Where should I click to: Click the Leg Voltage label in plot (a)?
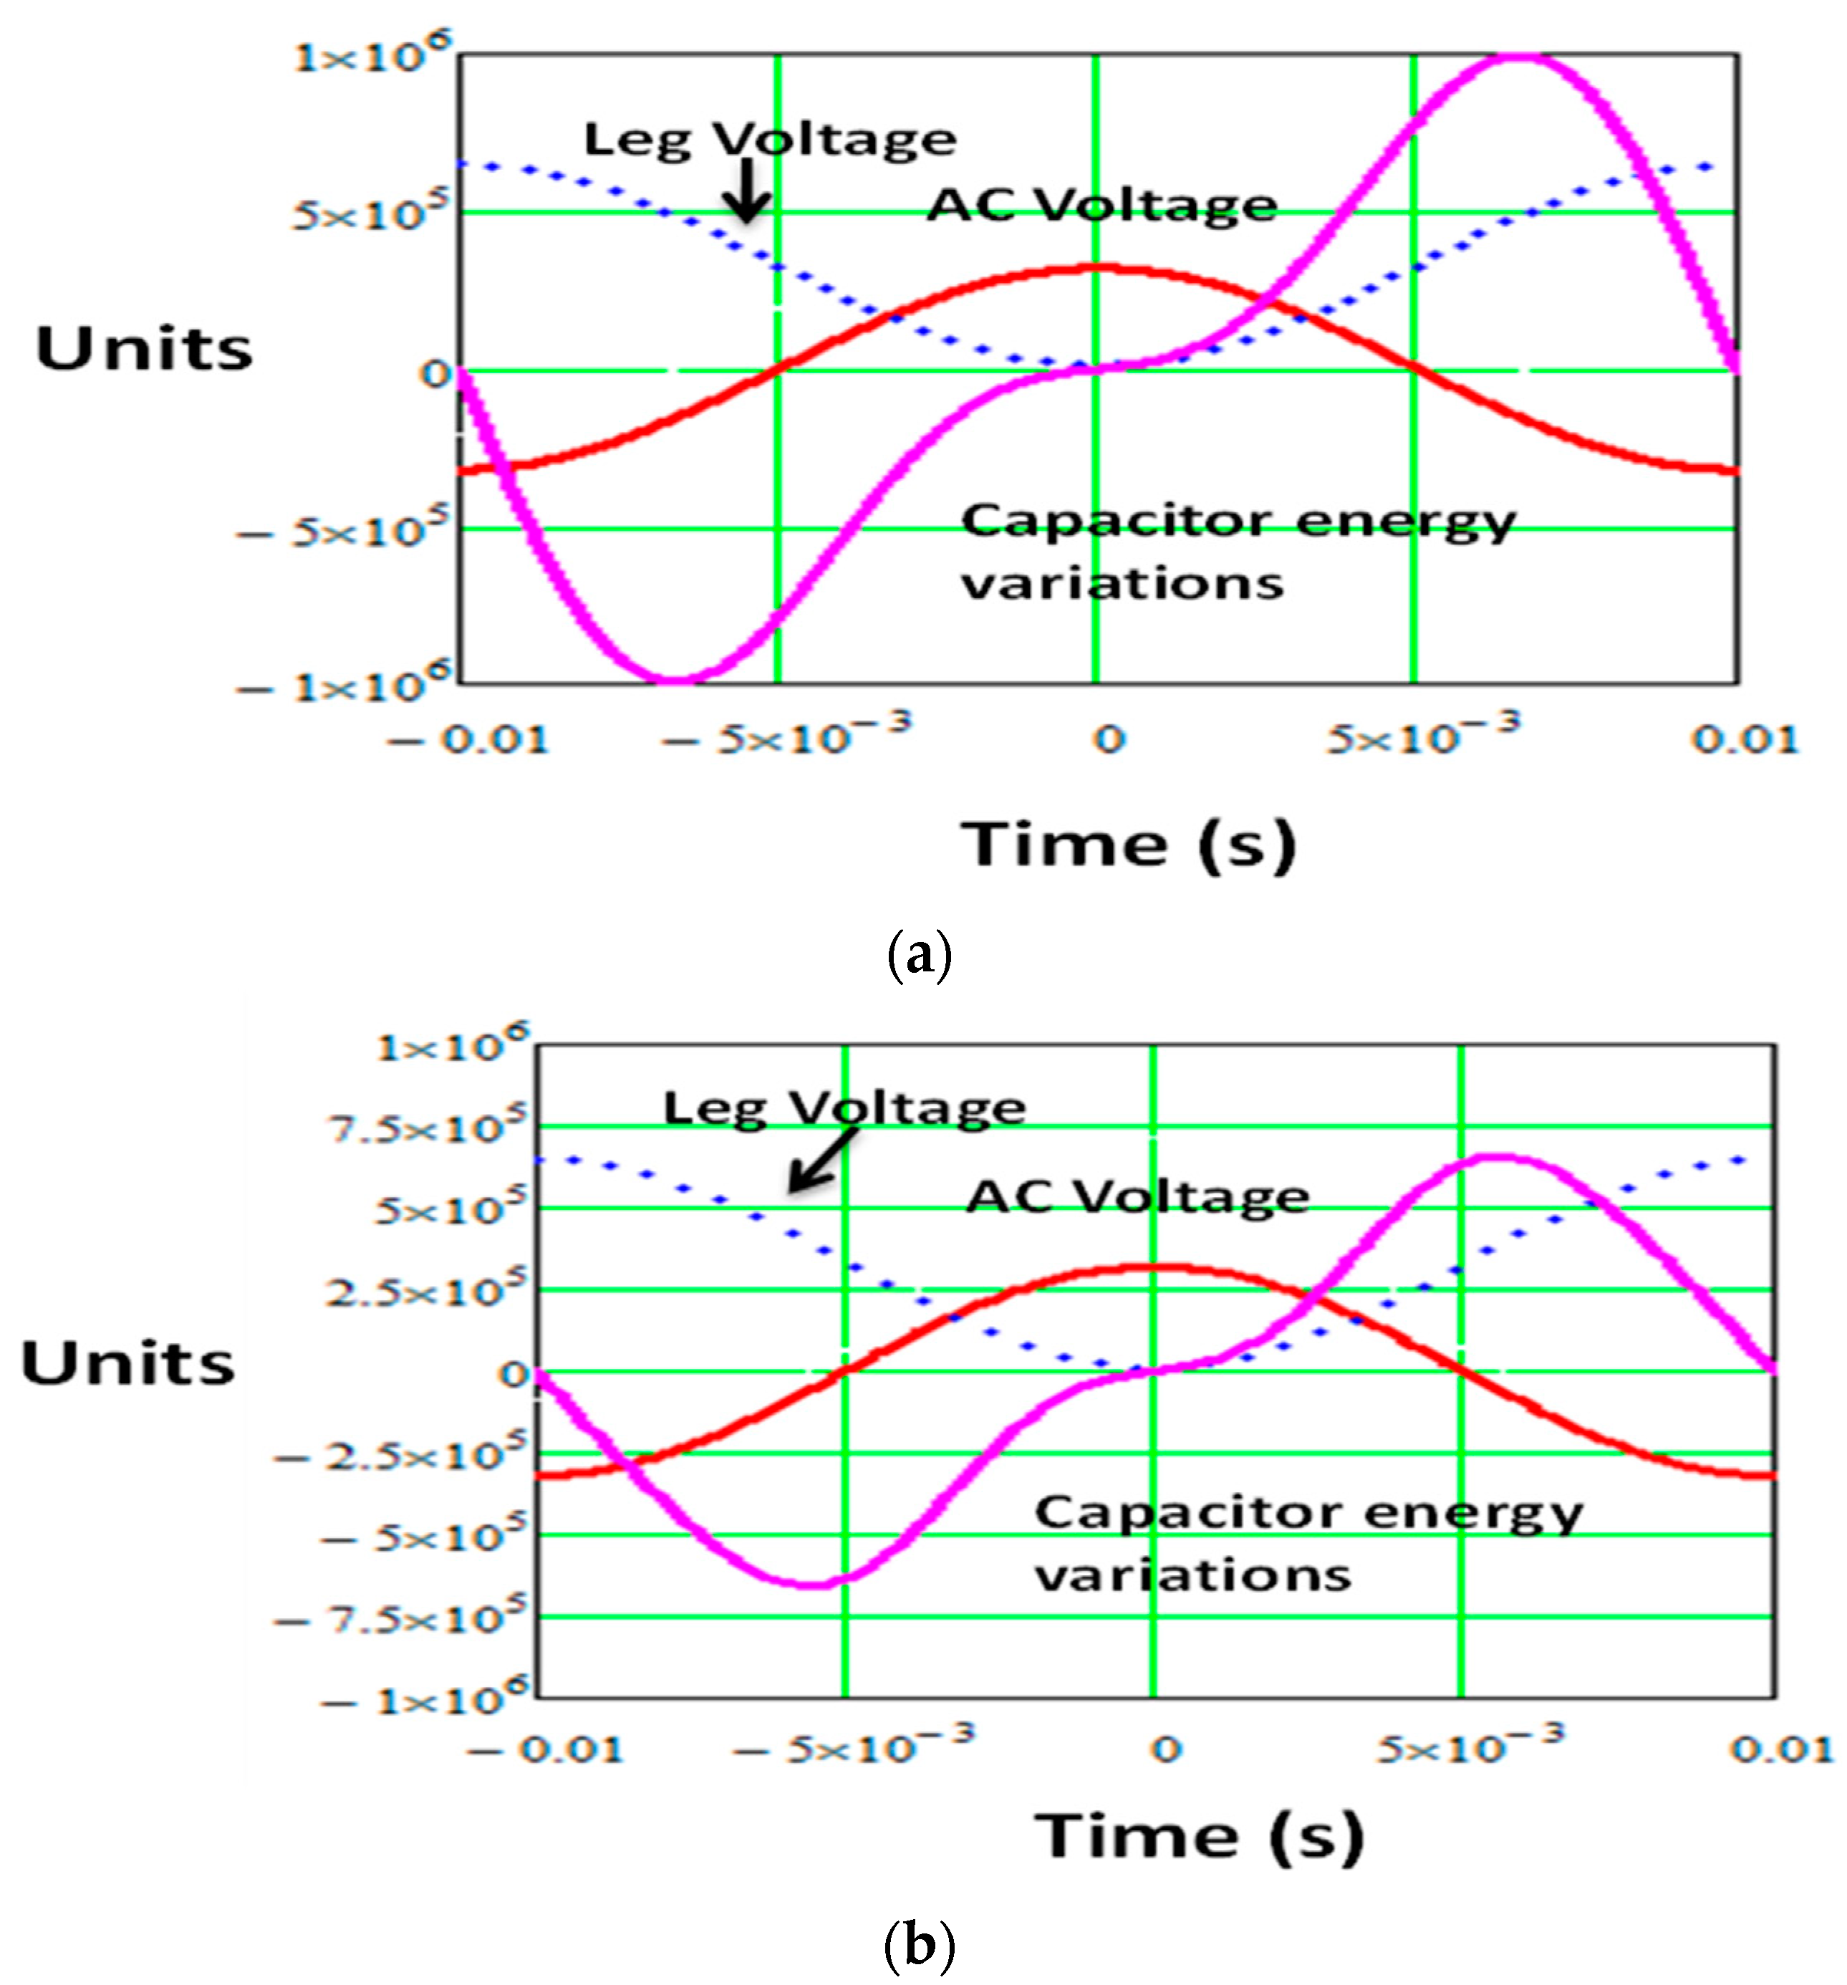[x=768, y=140]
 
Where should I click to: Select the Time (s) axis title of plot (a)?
[x=1127, y=845]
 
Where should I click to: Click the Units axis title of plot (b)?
[x=127, y=1363]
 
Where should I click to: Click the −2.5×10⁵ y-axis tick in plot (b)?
[x=400, y=1455]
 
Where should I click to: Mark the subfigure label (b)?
[x=919, y=1944]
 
